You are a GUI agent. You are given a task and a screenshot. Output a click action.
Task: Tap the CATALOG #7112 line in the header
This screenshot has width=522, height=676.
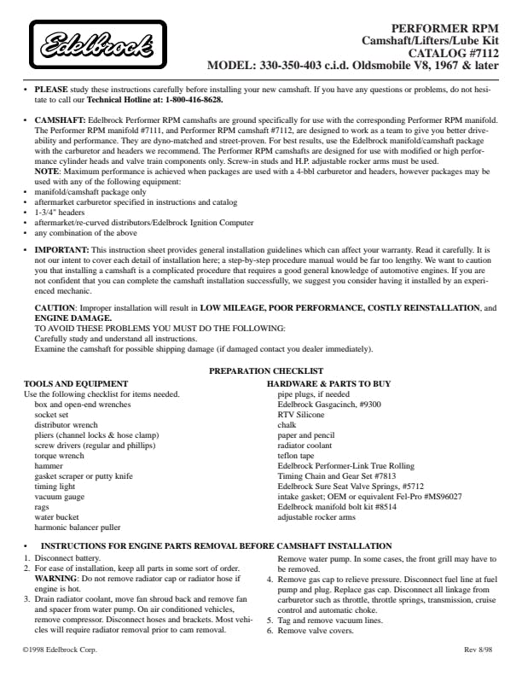453,52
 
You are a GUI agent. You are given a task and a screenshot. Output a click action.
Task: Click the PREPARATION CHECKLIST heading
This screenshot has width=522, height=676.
265,370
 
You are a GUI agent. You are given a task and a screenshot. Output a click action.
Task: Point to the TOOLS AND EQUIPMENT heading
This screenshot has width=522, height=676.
76,383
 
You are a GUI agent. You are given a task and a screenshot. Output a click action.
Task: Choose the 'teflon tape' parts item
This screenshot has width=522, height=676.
296,455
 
